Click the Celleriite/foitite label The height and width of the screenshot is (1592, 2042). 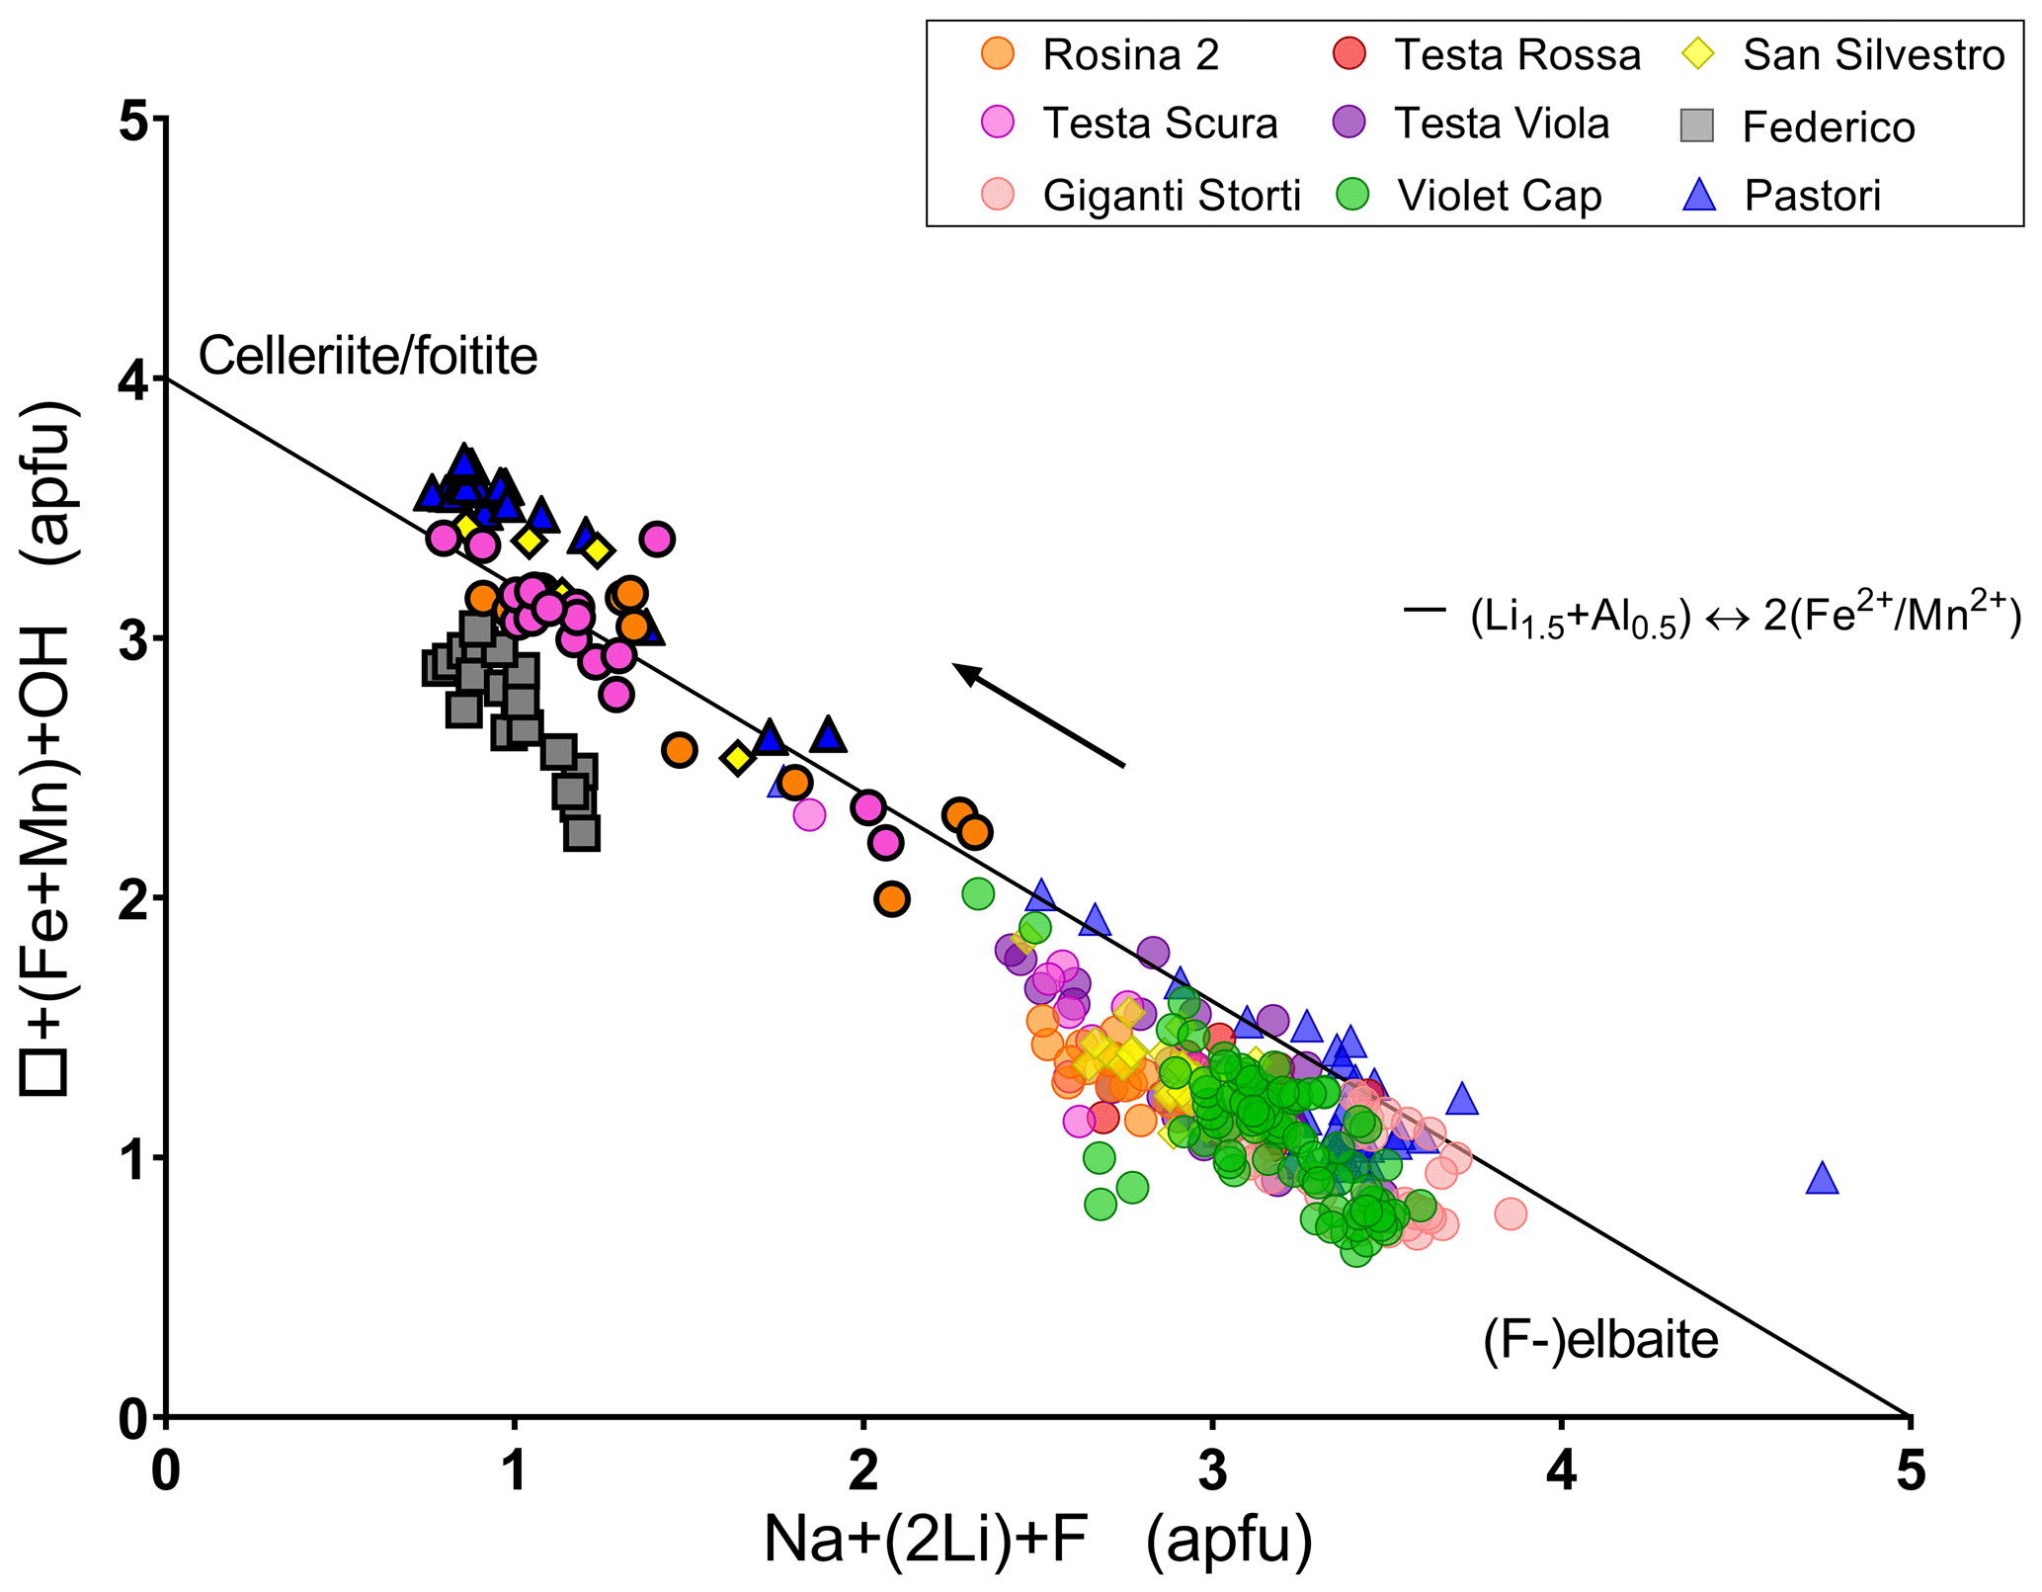pos(368,356)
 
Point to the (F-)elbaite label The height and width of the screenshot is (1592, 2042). pos(1600,1340)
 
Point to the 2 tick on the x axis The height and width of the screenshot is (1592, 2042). pos(863,1472)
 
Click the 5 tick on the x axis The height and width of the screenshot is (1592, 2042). pos(1910,1472)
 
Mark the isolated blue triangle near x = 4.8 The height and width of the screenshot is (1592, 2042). pos(1822,1179)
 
